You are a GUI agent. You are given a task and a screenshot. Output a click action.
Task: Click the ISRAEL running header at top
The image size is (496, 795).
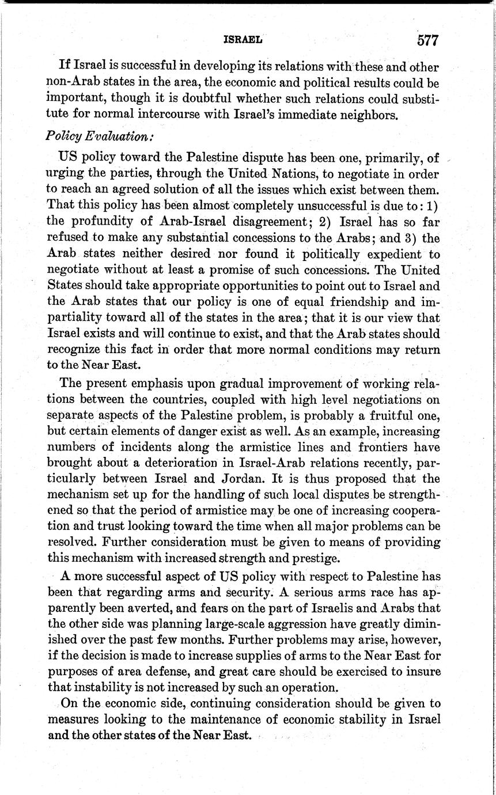[243, 40]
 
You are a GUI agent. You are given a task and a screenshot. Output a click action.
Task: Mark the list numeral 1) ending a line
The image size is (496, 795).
[432, 205]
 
